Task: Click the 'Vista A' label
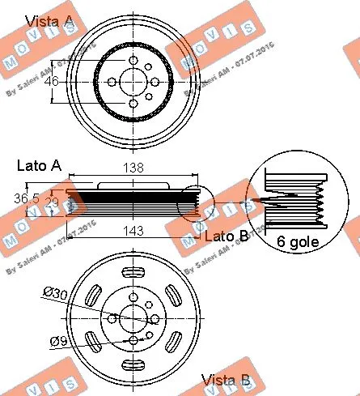click(x=50, y=19)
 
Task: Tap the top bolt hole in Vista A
click(x=133, y=61)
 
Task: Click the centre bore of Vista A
click(x=133, y=82)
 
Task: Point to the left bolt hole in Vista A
click(x=112, y=82)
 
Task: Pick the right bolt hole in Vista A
click(x=154, y=82)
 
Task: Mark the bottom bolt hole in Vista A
click(x=133, y=103)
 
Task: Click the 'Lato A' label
click(x=39, y=165)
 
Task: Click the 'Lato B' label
click(x=226, y=236)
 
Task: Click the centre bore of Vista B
click(x=134, y=316)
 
